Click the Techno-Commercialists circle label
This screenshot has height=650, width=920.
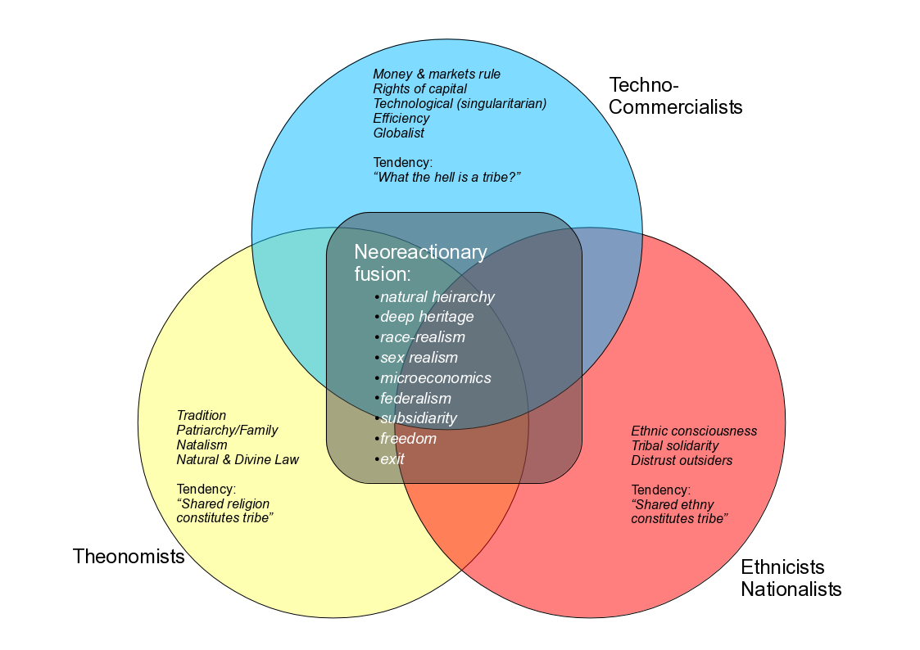(x=675, y=96)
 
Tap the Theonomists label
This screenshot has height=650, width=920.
(x=129, y=557)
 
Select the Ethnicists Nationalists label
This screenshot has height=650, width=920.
(x=791, y=578)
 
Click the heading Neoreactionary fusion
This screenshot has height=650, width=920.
(x=420, y=263)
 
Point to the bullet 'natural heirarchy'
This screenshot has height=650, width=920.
(x=437, y=297)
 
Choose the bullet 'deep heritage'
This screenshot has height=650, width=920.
(x=427, y=317)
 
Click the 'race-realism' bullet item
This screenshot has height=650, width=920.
(x=422, y=337)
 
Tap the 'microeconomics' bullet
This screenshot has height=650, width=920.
(x=435, y=378)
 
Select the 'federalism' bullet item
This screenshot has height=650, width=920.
(x=415, y=399)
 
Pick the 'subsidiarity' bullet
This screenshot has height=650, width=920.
(x=419, y=418)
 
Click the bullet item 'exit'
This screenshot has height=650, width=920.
(x=392, y=459)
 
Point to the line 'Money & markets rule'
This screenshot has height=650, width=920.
(x=437, y=74)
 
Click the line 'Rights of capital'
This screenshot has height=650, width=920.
(x=419, y=89)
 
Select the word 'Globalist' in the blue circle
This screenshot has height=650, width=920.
(x=398, y=133)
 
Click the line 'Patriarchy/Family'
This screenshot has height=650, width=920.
(x=227, y=431)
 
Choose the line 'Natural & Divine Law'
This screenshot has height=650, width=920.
(x=238, y=460)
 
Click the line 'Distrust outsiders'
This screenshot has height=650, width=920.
(x=682, y=461)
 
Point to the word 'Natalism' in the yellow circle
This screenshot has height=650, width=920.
(x=202, y=445)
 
